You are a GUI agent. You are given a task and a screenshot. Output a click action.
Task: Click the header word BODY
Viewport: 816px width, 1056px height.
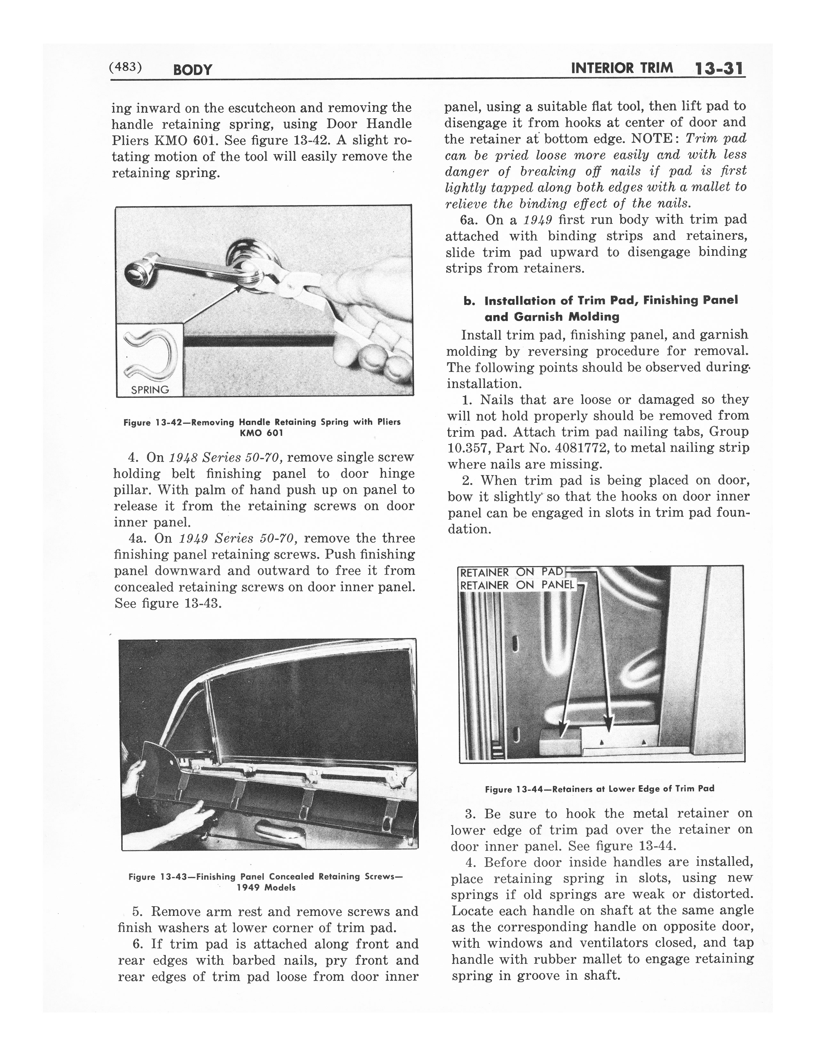click(x=192, y=70)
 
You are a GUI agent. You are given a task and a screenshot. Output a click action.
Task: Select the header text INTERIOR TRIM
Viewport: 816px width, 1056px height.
click(x=622, y=68)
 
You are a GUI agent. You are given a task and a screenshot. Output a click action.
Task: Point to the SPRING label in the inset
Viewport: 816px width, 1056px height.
click(x=150, y=390)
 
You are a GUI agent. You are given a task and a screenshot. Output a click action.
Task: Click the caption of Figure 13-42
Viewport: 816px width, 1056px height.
click(x=262, y=427)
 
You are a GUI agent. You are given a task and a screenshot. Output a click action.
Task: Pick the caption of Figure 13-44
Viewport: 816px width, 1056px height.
click(x=599, y=788)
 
